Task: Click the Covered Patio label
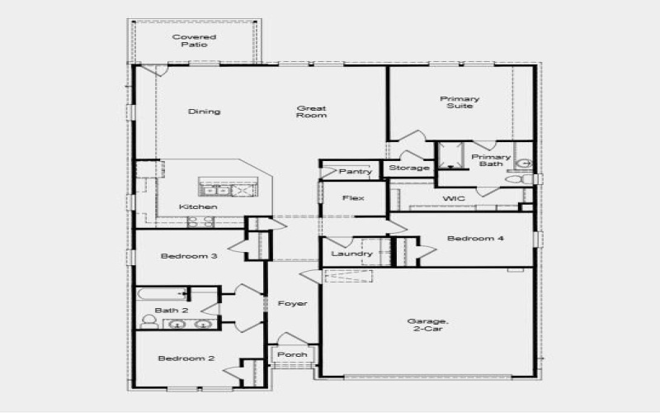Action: coord(194,40)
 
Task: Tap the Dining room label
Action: coord(204,112)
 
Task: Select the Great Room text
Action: coord(312,112)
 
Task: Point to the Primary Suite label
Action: coord(461,102)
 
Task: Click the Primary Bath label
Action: coord(491,160)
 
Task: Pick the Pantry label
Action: coord(356,172)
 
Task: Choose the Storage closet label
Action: coord(409,169)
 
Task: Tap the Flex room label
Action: coord(353,198)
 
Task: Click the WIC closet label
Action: coord(455,199)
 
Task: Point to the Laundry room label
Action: coord(351,254)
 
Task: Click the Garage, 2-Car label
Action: coord(427,325)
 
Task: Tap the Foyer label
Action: coord(292,304)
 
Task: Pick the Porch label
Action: coord(291,354)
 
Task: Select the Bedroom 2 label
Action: coord(186,358)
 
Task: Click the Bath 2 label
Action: coord(172,311)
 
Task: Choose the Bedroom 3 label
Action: coord(189,256)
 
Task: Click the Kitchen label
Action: coord(199,206)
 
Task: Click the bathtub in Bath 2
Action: coord(160,294)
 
